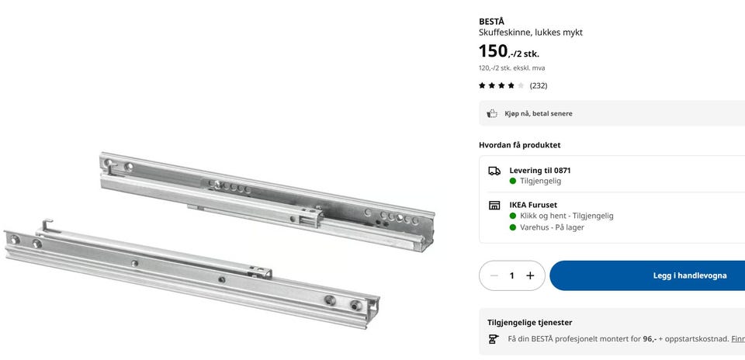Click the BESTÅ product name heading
(491, 22)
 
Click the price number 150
(493, 51)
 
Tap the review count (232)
(539, 85)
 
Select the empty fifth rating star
(521, 85)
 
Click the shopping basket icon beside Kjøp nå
(492, 113)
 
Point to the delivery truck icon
(494, 171)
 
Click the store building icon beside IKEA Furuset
(494, 206)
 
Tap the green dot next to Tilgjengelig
(513, 181)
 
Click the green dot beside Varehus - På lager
(513, 227)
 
